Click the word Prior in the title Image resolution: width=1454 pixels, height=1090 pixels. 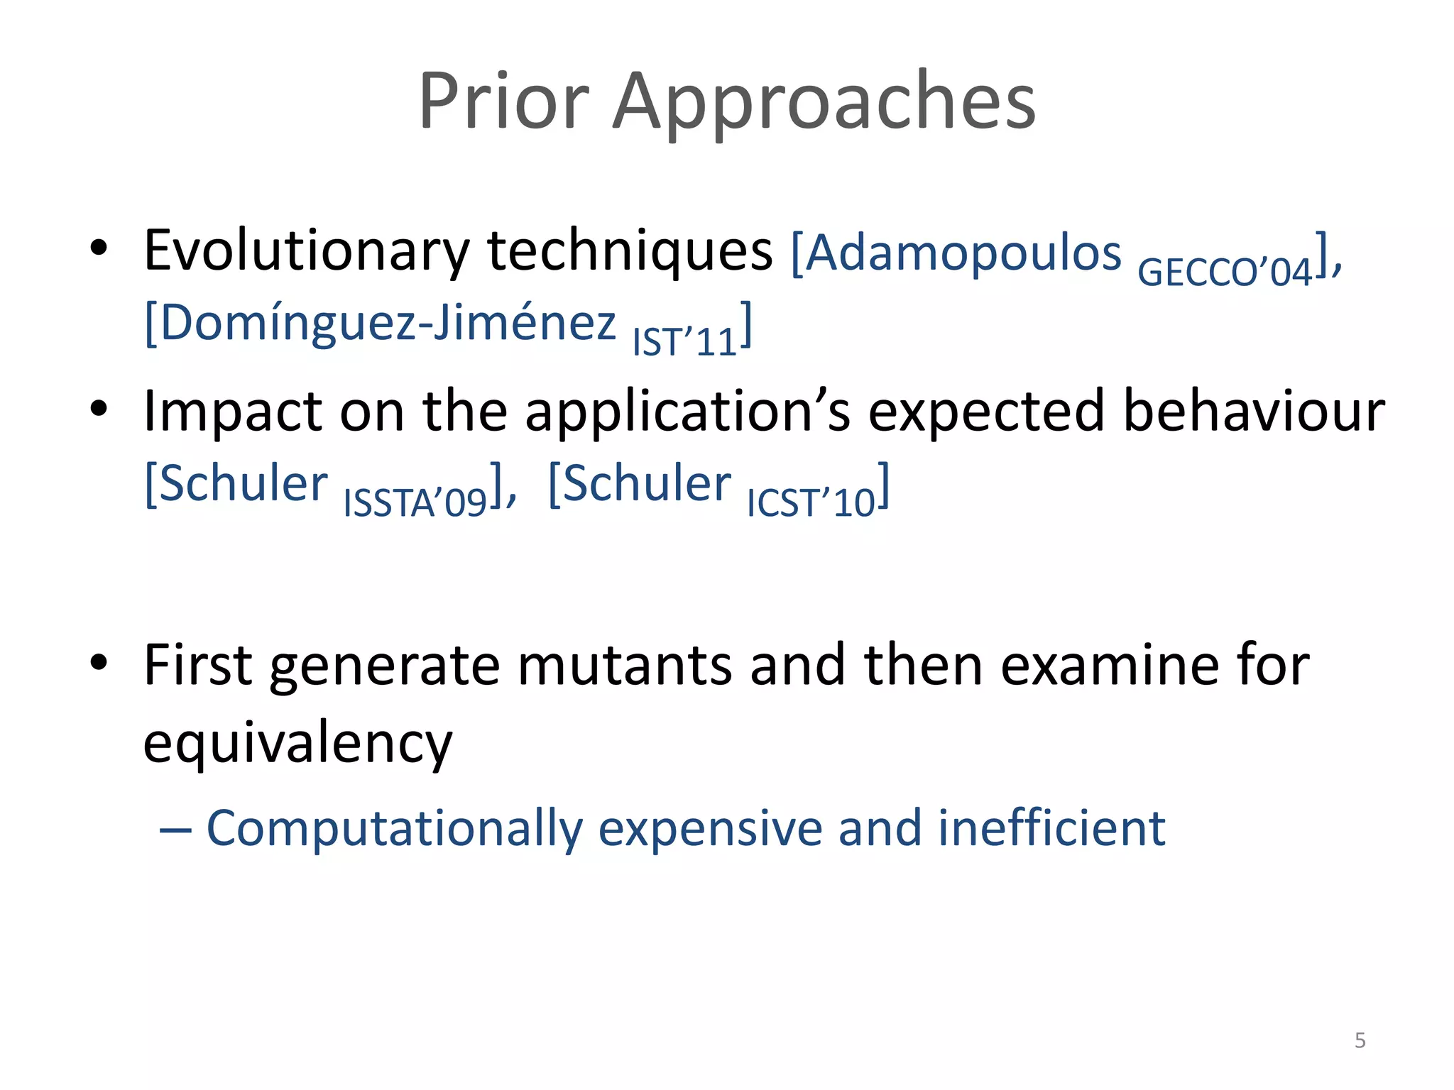[x=503, y=101]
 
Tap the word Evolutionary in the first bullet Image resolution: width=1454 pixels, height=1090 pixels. [x=307, y=251]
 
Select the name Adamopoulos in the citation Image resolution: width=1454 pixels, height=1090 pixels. [x=964, y=253]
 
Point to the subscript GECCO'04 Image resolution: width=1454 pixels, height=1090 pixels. [x=1225, y=272]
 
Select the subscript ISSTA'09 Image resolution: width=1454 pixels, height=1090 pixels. [x=415, y=503]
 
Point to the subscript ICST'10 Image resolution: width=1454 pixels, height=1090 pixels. [x=811, y=503]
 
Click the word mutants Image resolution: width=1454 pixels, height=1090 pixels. [x=625, y=666]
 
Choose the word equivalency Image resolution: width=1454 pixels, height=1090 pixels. [x=297, y=743]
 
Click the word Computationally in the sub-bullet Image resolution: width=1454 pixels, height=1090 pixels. [x=395, y=829]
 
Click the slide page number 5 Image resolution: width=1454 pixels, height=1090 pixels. [x=1360, y=1040]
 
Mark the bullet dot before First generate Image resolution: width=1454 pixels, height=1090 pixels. [x=99, y=662]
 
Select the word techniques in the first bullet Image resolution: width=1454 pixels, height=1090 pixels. [x=629, y=251]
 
